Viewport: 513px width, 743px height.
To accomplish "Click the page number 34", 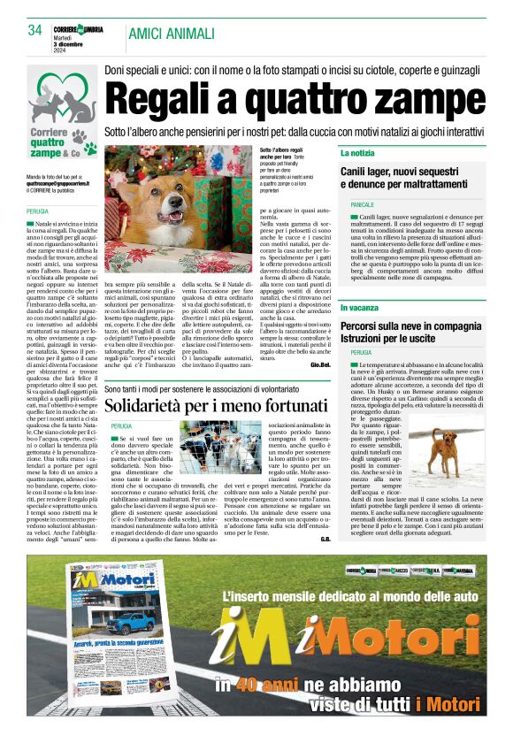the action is [35, 30].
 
